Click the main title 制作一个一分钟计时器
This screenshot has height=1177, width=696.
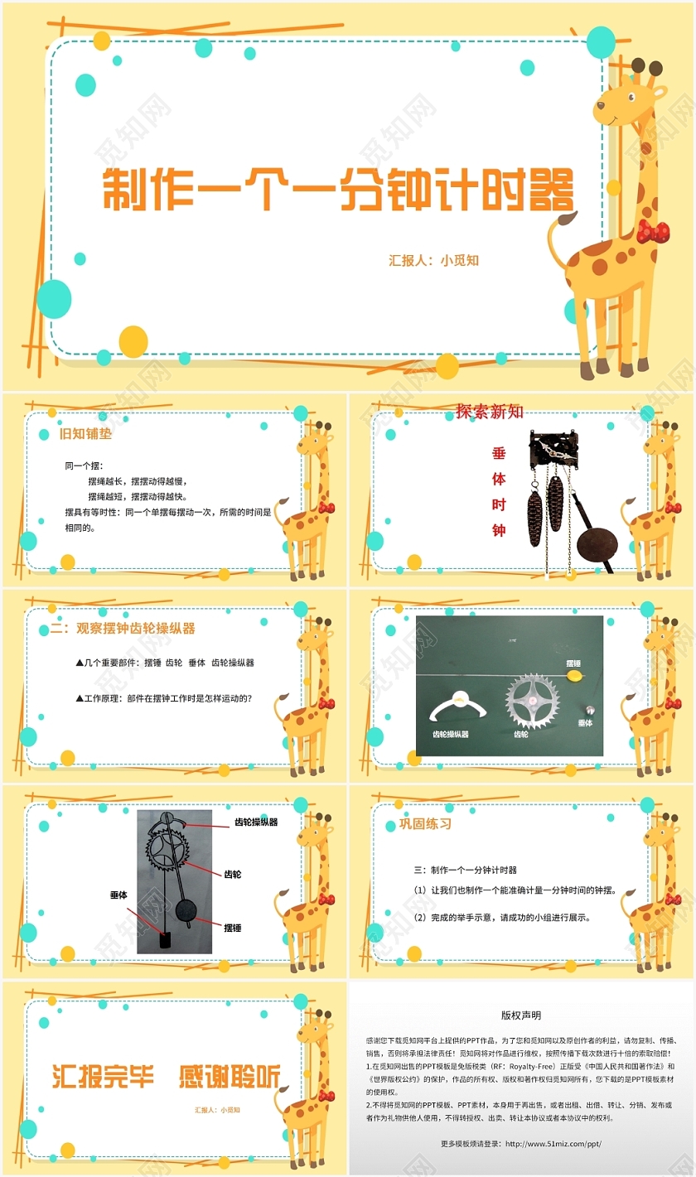click(337, 192)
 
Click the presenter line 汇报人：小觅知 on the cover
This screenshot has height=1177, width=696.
click(433, 260)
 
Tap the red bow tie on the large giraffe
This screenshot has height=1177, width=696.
click(655, 230)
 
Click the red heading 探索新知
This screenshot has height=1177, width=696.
click(490, 412)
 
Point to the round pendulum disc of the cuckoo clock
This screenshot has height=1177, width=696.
click(597, 545)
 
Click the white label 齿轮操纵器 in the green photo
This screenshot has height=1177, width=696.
click(451, 734)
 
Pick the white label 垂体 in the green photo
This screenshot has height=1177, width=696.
click(586, 723)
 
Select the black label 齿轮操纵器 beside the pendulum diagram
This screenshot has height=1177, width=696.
click(256, 822)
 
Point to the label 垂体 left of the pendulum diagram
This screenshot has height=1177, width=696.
click(118, 895)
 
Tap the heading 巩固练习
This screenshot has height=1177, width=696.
click(426, 825)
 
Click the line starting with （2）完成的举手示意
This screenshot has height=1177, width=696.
click(502, 918)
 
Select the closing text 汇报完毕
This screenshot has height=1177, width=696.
click(104, 1075)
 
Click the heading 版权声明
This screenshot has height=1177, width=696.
click(521, 1015)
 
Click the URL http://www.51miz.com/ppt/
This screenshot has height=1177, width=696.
click(553, 1144)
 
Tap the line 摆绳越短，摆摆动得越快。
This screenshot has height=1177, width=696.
click(138, 496)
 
